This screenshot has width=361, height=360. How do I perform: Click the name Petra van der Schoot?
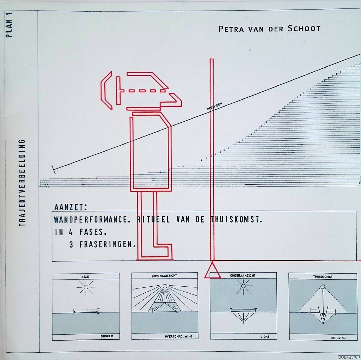[x=269, y=29]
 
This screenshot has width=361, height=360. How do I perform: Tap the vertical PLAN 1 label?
[x=10, y=25]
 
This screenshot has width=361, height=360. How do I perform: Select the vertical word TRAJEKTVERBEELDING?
[x=22, y=183]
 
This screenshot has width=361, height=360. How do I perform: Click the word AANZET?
[x=71, y=207]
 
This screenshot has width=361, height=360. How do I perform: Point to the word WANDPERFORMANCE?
[x=91, y=220]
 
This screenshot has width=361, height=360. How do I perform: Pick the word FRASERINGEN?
[x=108, y=244]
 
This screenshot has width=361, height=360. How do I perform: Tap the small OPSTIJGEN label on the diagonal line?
[x=215, y=107]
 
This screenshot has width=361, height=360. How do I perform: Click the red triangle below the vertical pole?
[x=212, y=272]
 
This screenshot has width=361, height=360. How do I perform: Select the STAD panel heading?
[x=85, y=277]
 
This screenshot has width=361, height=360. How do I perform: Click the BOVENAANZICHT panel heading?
[x=164, y=276]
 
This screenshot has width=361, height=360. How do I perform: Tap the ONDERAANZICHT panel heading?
[x=243, y=275]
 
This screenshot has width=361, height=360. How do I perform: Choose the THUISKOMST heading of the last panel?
[x=323, y=277]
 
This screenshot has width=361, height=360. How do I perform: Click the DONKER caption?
[x=106, y=336]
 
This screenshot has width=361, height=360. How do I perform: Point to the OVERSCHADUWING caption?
[x=178, y=336]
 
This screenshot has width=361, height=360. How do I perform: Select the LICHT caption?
[x=265, y=336]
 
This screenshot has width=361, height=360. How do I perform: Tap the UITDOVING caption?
[x=337, y=338]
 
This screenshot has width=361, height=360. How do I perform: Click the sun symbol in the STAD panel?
[x=86, y=287]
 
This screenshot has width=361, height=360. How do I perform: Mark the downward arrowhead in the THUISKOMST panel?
[x=323, y=315]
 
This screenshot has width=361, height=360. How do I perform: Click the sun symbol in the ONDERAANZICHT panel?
[x=243, y=286]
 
